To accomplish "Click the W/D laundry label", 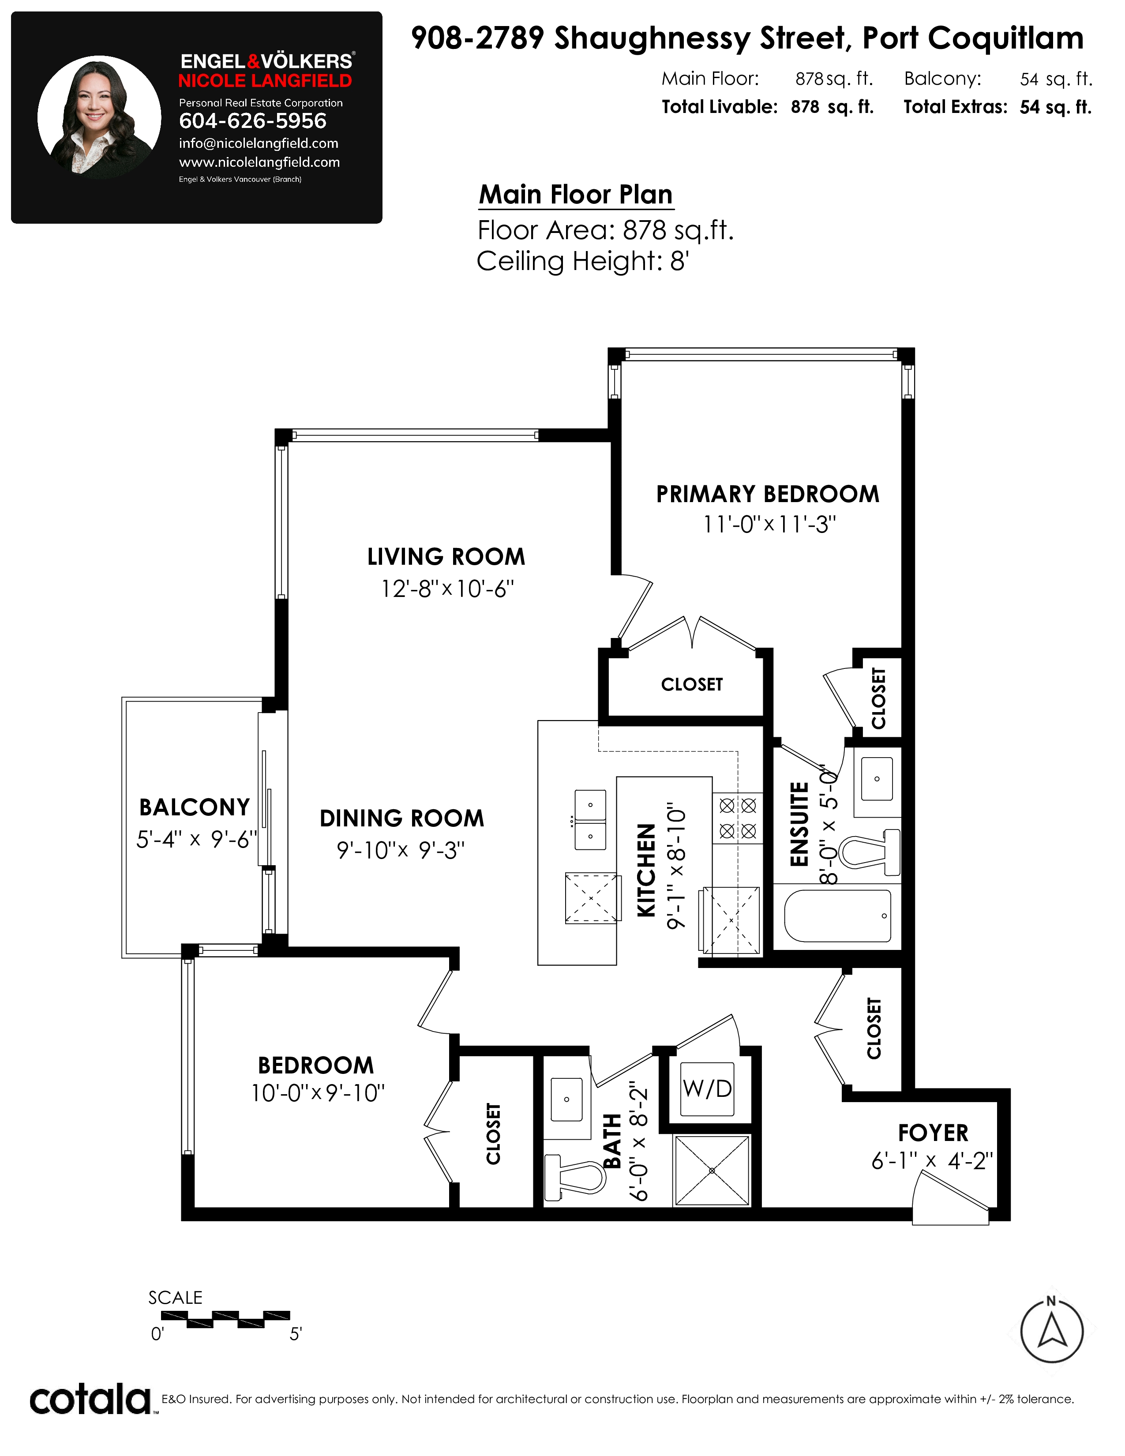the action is click(x=707, y=1089).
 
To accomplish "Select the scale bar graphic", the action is click(x=226, y=1319).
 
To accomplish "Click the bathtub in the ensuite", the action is click(x=838, y=916).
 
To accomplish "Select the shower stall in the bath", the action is click(x=712, y=1171).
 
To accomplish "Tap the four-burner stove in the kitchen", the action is click(x=738, y=818).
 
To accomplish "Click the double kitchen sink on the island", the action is click(x=590, y=819).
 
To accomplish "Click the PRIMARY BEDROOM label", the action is click(x=768, y=494).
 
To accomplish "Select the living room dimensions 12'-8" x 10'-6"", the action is click(x=447, y=589).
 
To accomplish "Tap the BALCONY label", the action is click(x=195, y=807).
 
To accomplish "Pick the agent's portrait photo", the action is click(x=99, y=117).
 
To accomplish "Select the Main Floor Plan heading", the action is click(x=576, y=195).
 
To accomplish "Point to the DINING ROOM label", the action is click(x=402, y=818).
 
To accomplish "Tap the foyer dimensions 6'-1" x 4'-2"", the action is click(x=932, y=1161).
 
